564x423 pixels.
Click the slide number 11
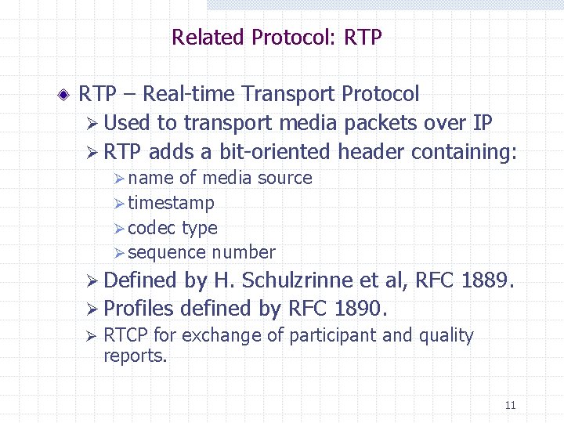tap(510, 405)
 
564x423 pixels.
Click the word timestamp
tap(171, 204)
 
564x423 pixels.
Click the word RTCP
tap(126, 336)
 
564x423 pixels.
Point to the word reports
tap(135, 356)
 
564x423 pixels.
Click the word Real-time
tap(190, 94)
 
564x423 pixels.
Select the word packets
tap(389, 123)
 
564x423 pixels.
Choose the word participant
tap(333, 336)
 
